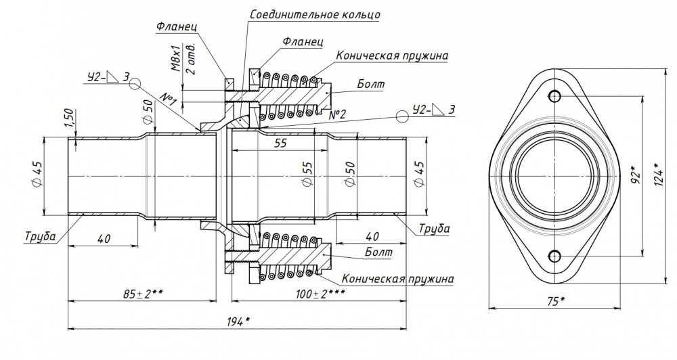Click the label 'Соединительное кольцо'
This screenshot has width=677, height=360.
tap(315, 14)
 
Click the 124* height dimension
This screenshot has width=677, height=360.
tap(659, 174)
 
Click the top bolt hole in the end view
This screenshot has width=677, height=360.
tap(554, 95)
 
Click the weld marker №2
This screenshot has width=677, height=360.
tap(337, 115)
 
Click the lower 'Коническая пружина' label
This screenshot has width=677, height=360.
tap(398, 278)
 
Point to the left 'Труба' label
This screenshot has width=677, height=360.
tap(40, 236)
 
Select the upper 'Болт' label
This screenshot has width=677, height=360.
tap(370, 84)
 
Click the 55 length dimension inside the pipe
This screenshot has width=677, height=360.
tap(280, 143)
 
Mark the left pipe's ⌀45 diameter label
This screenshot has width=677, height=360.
tap(37, 175)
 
